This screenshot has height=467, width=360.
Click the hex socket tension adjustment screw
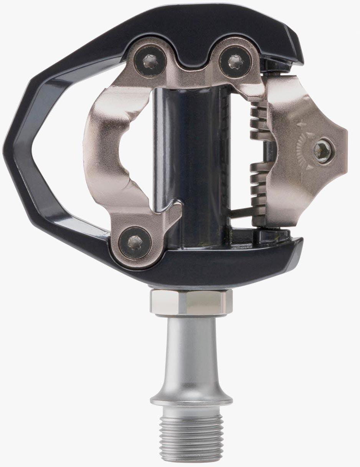(x=322, y=150)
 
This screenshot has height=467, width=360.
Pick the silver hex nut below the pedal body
(x=191, y=302)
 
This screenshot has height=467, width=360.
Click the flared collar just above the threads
(x=191, y=399)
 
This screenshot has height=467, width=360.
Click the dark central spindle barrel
(x=192, y=154)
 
